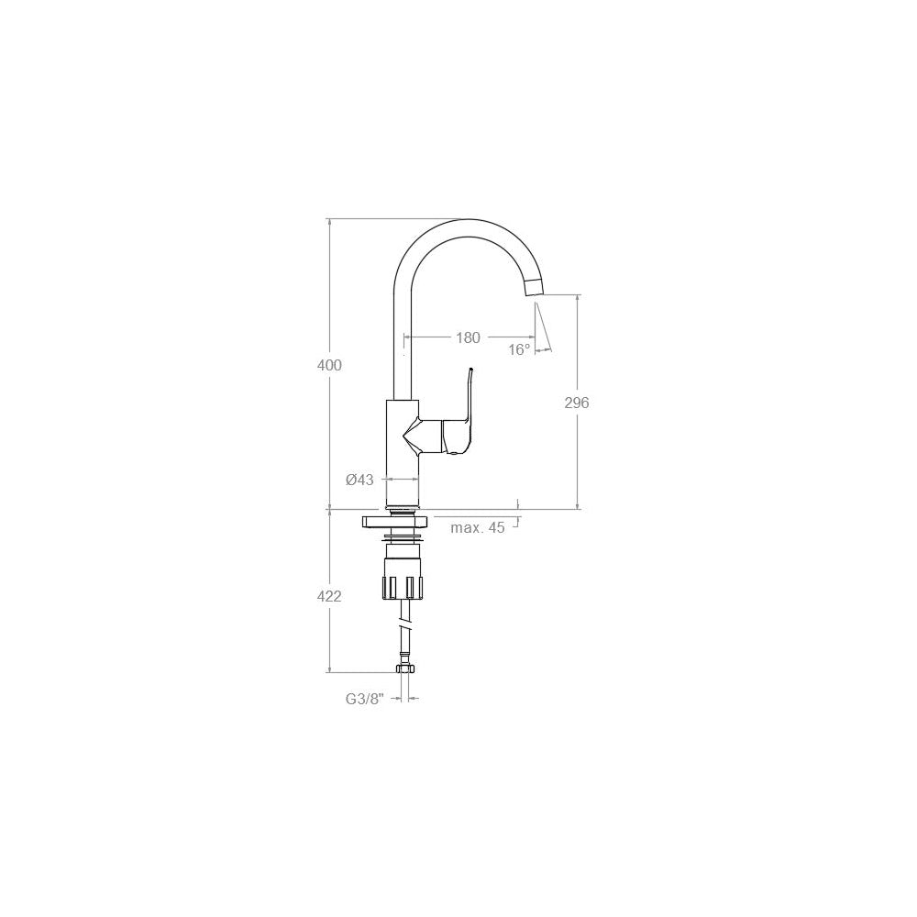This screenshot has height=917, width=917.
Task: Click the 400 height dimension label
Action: [x=329, y=365]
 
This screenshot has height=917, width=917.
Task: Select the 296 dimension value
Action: [x=577, y=403]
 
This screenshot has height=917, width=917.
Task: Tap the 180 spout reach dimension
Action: [x=468, y=337]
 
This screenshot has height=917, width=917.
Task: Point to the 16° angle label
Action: [x=519, y=349]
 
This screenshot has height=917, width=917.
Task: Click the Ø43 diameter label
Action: [x=359, y=480]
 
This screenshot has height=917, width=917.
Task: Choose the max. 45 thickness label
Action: [x=477, y=527]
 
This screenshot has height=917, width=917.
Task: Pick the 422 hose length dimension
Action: [x=329, y=597]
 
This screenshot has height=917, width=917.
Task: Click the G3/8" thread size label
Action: [x=364, y=698]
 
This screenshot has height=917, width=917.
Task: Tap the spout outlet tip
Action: [x=534, y=288]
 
